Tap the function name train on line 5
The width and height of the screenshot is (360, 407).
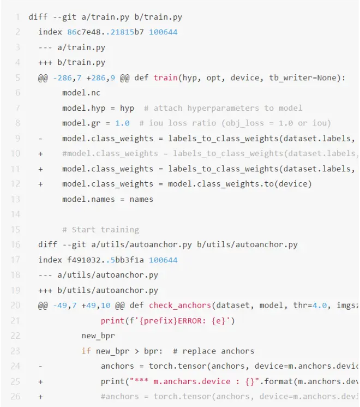(165, 77)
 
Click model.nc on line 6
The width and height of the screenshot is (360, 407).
(81, 93)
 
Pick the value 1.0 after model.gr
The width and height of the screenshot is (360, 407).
(122, 123)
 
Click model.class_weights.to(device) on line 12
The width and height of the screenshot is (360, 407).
(240, 184)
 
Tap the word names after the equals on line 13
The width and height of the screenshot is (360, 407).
(141, 199)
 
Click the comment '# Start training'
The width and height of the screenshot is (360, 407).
(100, 230)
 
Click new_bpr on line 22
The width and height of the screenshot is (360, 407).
(98, 336)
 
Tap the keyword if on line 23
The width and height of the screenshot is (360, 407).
(86, 351)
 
